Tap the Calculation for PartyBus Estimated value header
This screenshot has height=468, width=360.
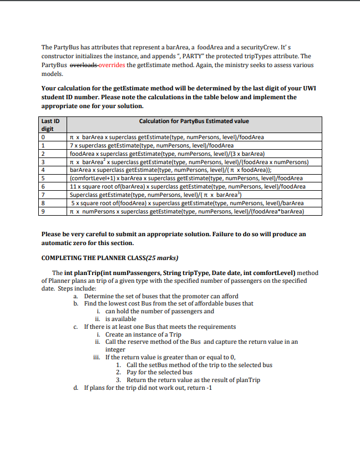[194, 121]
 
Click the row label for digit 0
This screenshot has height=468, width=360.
[44, 137]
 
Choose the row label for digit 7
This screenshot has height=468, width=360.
[44, 195]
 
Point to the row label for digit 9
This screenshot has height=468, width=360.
[44, 211]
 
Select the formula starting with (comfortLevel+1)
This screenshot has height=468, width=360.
[186, 178]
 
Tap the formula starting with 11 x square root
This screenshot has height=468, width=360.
[187, 186]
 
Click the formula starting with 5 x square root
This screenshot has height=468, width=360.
[186, 203]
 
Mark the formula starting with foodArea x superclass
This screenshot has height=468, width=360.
[167, 154]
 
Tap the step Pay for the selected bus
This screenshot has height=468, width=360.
[159, 372]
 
